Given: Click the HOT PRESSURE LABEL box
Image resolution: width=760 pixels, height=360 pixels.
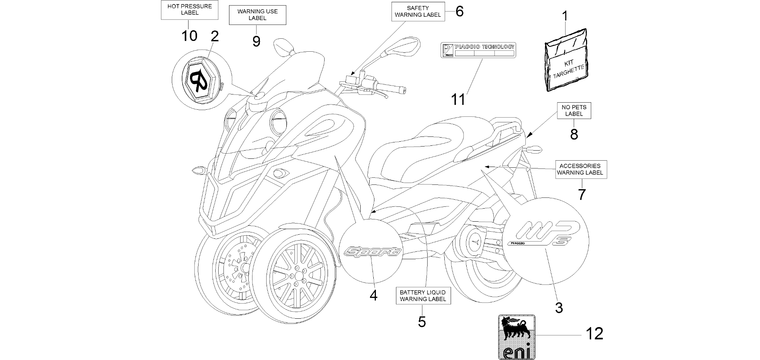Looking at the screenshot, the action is [x=189, y=10].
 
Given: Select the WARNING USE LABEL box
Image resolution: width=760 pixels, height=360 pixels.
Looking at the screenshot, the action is [x=257, y=15].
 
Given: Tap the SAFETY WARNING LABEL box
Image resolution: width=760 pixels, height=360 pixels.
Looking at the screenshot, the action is [x=418, y=11].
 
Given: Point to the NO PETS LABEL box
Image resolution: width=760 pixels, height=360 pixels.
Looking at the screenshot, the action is [x=574, y=110].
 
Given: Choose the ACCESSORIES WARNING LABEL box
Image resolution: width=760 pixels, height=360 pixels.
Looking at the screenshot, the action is [x=581, y=169].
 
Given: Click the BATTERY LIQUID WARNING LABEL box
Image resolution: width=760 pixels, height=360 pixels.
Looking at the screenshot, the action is [x=423, y=296].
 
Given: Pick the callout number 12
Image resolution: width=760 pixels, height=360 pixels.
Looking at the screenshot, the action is [x=594, y=334].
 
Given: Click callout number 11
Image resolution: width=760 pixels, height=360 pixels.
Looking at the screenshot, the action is [x=458, y=99].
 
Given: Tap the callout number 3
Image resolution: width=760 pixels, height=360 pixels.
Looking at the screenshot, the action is [x=559, y=308].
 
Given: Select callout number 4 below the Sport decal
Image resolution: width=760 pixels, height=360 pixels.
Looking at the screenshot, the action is [x=374, y=295].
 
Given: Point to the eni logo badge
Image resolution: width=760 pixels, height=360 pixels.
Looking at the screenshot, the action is [x=517, y=337].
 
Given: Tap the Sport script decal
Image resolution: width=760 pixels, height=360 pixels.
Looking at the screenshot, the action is [x=373, y=252].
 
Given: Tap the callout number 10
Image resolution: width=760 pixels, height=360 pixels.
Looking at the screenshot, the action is [x=189, y=36].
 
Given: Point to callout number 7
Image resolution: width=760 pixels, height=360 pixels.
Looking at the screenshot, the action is [x=582, y=194].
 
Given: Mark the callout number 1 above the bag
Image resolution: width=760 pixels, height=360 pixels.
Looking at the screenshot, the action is [x=565, y=16].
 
